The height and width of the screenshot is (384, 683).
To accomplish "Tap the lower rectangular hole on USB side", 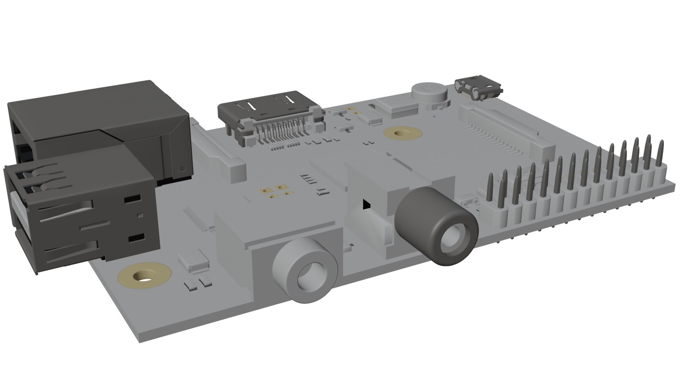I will point(137,239).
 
